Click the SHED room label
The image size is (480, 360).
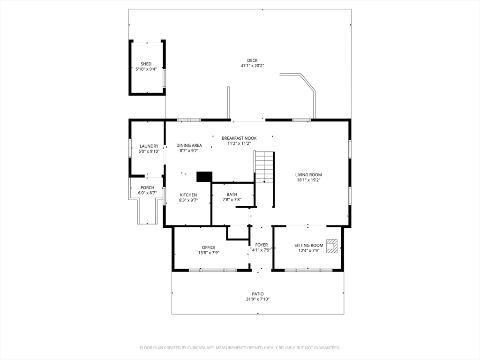pyautogui.click(x=146, y=64)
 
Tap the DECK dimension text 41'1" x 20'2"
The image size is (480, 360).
pyautogui.click(x=252, y=66)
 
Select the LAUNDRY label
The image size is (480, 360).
pyautogui.click(x=149, y=146)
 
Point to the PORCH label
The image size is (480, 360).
pyautogui.click(x=147, y=187)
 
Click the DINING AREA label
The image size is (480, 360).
pyautogui.click(x=189, y=145)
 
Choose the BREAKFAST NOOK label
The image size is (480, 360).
pyautogui.click(x=239, y=138)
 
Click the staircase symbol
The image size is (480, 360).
pyautogui.click(x=264, y=167)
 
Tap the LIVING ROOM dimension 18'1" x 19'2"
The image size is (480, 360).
pyautogui.click(x=308, y=180)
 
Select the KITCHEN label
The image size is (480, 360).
pyautogui.click(x=188, y=195)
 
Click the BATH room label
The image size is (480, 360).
pyautogui.click(x=232, y=195)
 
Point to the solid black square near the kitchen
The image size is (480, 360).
pyautogui.click(x=204, y=177)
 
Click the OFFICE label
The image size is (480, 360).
pyautogui.click(x=209, y=247)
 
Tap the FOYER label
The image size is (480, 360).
pyautogui.click(x=262, y=245)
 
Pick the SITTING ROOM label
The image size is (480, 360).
pyautogui.click(x=308, y=245)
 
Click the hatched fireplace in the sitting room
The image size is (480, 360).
pyautogui.click(x=332, y=246)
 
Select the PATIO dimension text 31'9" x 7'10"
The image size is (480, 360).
pyautogui.click(x=258, y=300)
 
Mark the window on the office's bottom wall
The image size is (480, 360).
pyautogui.click(x=213, y=270)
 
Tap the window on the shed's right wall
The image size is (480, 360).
pyautogui.click(x=165, y=79)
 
